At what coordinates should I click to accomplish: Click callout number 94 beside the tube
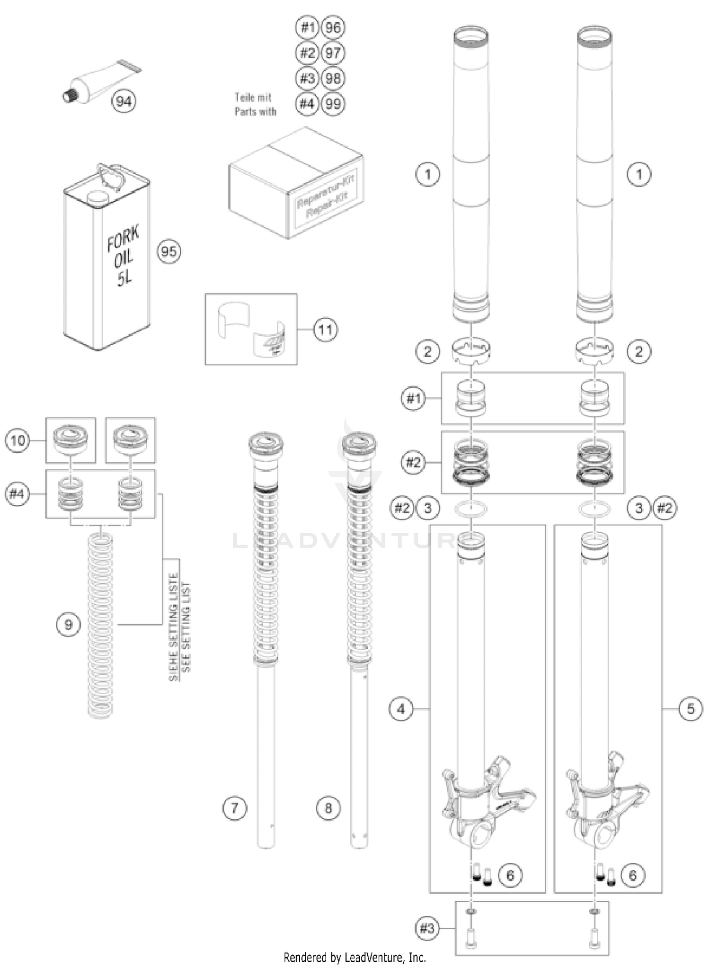point(124,101)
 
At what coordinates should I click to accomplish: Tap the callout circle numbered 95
point(169,251)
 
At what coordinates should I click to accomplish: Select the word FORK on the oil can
point(123,239)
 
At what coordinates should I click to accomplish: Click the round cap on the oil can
point(98,197)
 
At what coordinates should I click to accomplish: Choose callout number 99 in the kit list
point(333,104)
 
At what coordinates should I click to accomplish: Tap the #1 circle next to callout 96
point(307,27)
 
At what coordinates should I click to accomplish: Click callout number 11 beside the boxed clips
point(326,330)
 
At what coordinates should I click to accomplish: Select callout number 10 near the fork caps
point(18,440)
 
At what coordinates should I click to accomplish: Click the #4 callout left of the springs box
point(17,494)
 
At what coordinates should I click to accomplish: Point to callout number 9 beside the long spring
point(68,625)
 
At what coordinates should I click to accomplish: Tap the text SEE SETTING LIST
point(186,627)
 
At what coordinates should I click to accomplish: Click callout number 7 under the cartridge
point(235,808)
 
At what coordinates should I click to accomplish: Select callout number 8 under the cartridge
point(328,808)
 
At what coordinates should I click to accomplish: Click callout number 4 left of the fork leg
point(401,709)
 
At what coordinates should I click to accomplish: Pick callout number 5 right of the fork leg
point(691,709)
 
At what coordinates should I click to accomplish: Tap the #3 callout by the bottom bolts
point(426,928)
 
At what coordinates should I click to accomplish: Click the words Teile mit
point(253,98)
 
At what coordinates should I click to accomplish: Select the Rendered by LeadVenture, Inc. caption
point(355,958)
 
